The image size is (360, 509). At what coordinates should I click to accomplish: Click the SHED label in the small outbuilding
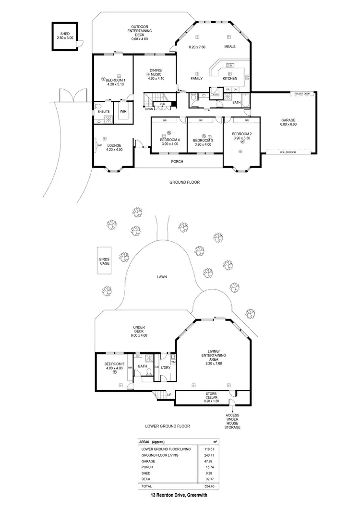pyautogui.click(x=65, y=33)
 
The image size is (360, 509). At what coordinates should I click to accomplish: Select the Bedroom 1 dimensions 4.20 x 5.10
pyautogui.click(x=115, y=84)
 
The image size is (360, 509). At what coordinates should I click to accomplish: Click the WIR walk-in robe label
pyautogui.click(x=123, y=111)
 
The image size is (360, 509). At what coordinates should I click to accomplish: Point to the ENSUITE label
pyautogui.click(x=104, y=112)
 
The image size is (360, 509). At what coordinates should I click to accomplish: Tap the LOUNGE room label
pyautogui.click(x=114, y=145)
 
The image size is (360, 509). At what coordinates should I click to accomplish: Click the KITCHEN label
pyautogui.click(x=230, y=78)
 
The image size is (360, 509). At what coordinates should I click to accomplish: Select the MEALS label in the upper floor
pyautogui.click(x=230, y=47)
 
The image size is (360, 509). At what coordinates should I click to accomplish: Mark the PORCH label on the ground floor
pyautogui.click(x=178, y=162)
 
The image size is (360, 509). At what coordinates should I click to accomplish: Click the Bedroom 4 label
pyautogui.click(x=169, y=140)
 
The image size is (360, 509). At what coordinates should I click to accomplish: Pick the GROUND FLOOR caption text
pyautogui.click(x=185, y=182)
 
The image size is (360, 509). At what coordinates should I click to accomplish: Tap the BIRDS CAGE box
pyautogui.click(x=104, y=260)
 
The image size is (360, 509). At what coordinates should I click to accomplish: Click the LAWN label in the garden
pyautogui.click(x=161, y=277)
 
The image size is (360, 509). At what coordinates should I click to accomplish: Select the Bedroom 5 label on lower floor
pyautogui.click(x=115, y=364)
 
